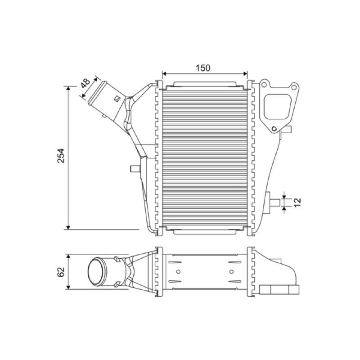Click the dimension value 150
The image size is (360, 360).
click(203, 68)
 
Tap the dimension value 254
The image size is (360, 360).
click(61, 156)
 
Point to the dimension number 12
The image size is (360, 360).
click(297, 202)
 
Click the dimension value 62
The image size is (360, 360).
click(61, 272)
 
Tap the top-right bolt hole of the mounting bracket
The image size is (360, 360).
click(294, 87)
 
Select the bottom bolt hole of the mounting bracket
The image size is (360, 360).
click(274, 129)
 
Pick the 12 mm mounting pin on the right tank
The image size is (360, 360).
click(275, 202)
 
